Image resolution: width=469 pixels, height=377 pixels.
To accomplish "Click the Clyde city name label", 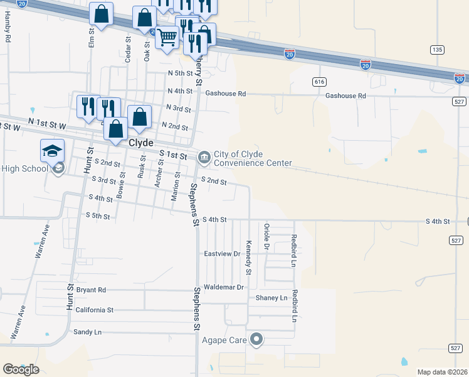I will (x=141, y=143).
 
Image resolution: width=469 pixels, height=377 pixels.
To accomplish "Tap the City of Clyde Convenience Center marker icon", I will (x=204, y=158).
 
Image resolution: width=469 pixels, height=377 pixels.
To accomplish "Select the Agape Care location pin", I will (x=256, y=341).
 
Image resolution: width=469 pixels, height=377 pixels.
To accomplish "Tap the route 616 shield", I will (x=319, y=82).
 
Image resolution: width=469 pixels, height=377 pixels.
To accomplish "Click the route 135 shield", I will (x=437, y=50).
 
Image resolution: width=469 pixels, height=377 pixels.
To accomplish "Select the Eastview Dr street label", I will (x=223, y=254).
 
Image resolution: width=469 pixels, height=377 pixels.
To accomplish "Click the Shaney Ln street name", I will (x=271, y=298).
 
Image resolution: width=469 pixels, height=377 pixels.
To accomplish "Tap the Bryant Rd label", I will (x=91, y=290).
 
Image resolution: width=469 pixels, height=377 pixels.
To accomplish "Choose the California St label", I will (x=94, y=310).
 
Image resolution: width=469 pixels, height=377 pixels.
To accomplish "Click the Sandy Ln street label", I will (x=87, y=332).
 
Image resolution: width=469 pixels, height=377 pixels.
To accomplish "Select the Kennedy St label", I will (x=249, y=258).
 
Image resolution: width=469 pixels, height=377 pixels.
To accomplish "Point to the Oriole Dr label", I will (x=266, y=237).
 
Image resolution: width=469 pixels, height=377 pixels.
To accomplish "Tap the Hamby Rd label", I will (x=8, y=28).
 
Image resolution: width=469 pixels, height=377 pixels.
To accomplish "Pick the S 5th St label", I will (x=97, y=216).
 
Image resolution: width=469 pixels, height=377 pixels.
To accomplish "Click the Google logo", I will (x=21, y=369).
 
